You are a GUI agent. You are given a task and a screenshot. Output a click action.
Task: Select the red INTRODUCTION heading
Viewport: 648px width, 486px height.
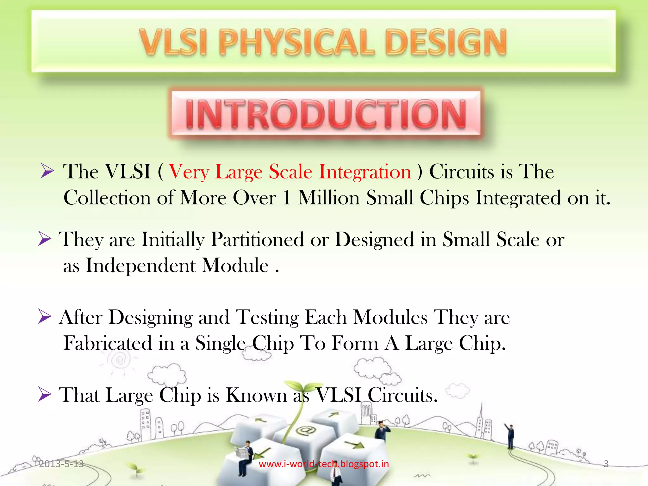tap(326, 115)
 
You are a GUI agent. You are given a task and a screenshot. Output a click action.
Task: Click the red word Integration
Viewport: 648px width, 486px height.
tap(365, 172)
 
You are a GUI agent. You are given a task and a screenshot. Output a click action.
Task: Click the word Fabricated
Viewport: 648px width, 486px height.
tap(108, 343)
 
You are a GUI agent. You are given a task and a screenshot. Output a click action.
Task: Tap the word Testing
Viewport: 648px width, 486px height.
tap(267, 317)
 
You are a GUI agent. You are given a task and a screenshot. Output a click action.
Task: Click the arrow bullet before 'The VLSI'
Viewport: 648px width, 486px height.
tap(47, 172)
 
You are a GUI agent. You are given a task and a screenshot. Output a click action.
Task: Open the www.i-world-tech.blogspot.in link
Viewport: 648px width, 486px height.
tap(324, 464)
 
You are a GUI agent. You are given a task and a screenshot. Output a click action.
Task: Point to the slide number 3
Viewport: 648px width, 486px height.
tap(606, 464)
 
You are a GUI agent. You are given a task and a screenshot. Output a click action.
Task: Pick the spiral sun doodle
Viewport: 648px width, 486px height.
tap(120, 359)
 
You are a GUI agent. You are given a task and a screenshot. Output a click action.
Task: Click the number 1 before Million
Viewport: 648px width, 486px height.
tap(287, 198)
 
